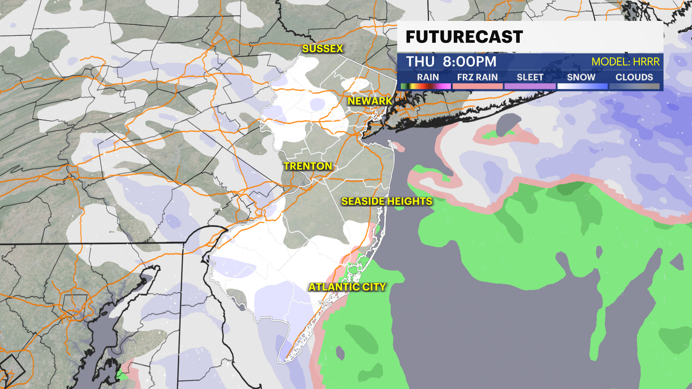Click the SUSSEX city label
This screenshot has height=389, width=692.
coord(323,49)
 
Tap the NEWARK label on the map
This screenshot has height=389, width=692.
coord(370,101)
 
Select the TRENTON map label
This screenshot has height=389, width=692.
coord(307,166)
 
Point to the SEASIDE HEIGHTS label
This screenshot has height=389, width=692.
coord(387,201)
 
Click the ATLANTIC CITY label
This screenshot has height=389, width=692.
coord(347,287)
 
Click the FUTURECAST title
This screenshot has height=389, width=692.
coord(464,37)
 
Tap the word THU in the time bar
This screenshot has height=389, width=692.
coord(420,62)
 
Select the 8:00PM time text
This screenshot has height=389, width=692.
coord(470,62)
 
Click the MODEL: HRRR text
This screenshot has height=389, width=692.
coord(625,62)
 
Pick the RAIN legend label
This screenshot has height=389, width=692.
coord(428,77)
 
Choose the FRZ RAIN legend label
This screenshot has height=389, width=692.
coord(477,77)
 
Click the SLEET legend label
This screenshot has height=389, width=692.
coord(530,77)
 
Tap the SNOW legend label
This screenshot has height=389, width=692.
coord(581,77)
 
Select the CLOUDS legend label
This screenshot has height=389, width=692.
coord(634,77)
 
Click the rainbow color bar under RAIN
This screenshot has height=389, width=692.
coord(426,86)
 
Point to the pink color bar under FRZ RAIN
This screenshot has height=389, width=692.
coord(477,86)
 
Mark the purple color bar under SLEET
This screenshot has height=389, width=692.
coord(530,86)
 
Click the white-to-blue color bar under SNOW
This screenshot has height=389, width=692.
coord(582,86)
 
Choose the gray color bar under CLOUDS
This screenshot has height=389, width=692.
coord(634,86)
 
